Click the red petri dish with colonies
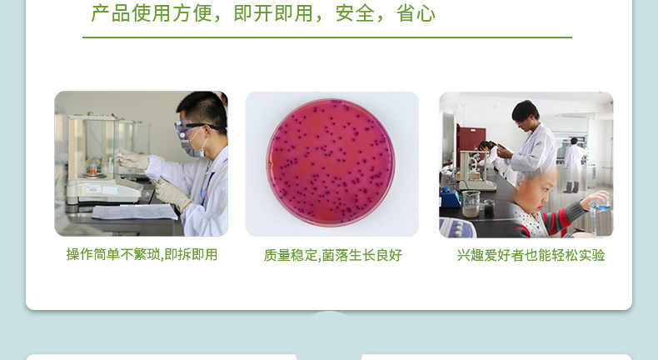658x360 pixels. (331, 162)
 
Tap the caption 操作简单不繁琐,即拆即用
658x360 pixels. (142, 254)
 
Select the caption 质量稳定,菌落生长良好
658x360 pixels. (333, 255)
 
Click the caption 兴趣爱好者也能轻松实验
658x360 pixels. (531, 255)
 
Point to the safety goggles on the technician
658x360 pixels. (193, 127)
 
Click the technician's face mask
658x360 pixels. (192, 146)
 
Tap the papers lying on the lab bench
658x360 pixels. (134, 212)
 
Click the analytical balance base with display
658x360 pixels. (104, 191)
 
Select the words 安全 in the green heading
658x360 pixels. (355, 13)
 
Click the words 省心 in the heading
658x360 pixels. (416, 13)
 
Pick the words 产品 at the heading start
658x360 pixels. (111, 13)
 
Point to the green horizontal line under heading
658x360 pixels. (327, 37)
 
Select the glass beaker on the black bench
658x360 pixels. (471, 203)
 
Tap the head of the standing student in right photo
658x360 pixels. (525, 112)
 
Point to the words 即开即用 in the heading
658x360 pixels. (273, 13)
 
